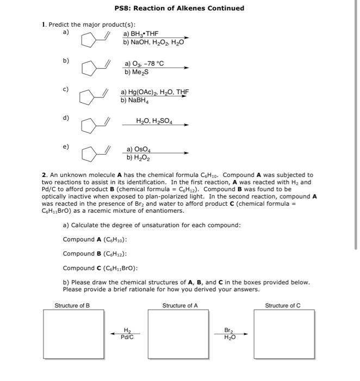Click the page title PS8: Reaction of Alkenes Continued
click(179, 8)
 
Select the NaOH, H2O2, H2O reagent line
click(154, 42)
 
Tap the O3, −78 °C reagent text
click(144, 64)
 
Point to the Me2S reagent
click(135, 72)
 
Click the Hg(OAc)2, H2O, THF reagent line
click(154, 93)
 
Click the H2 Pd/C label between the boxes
click(127, 333)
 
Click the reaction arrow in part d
click(155, 126)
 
